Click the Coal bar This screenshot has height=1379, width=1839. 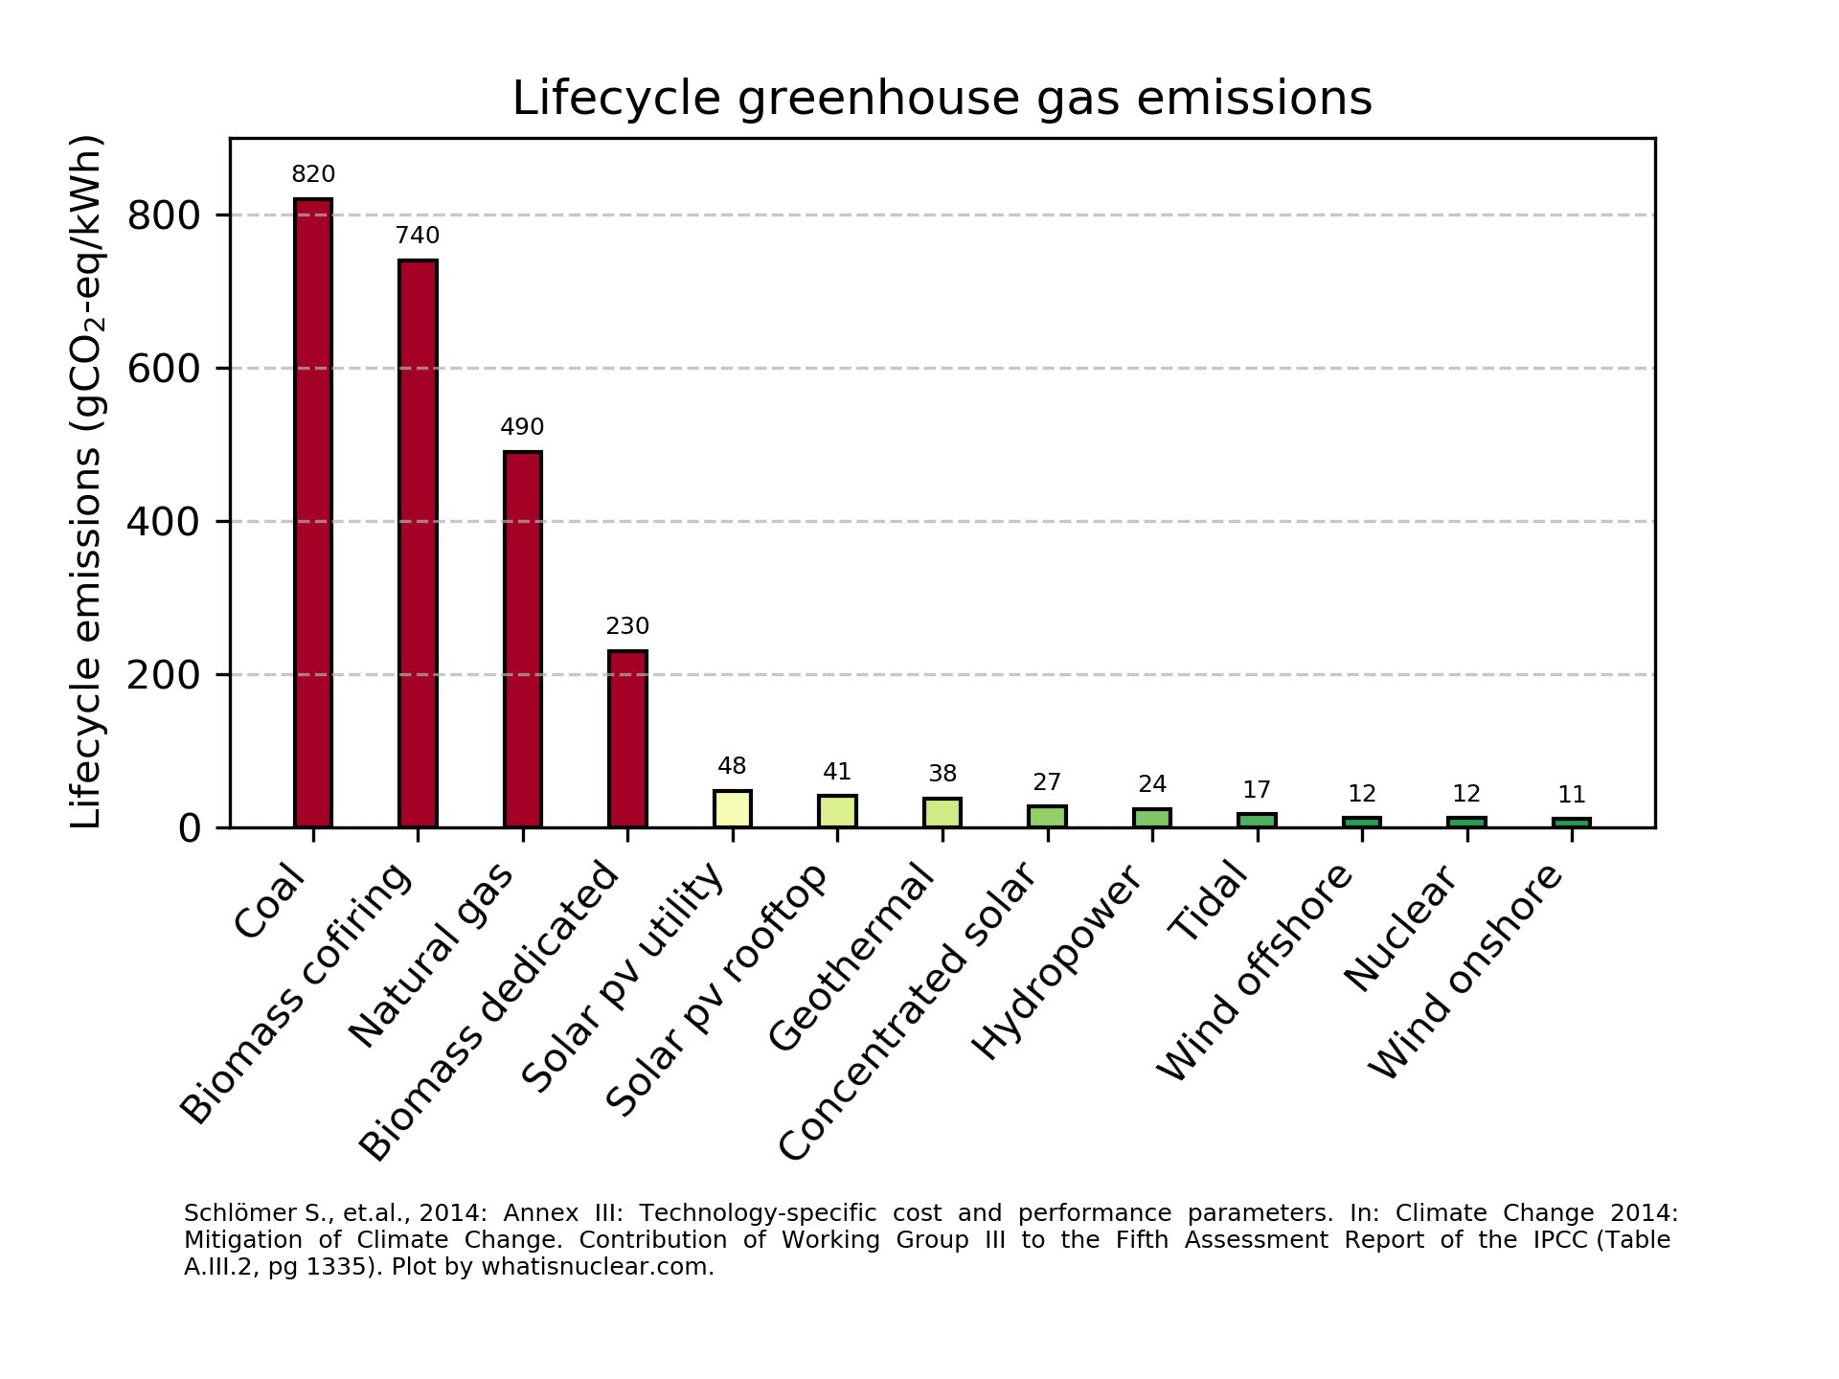coord(313,513)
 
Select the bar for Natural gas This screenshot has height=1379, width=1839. coord(523,640)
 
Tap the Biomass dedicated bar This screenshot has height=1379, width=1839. coord(627,739)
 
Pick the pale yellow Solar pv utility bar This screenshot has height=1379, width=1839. coord(733,809)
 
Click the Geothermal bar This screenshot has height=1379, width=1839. coord(942,813)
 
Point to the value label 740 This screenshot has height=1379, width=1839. coord(418,236)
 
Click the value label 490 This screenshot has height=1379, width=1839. coord(522,427)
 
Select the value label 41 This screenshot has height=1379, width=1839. coord(837,772)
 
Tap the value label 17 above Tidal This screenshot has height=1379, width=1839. coord(1257,790)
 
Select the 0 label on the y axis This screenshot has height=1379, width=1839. coord(189,828)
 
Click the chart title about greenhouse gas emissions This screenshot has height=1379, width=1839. coord(942,99)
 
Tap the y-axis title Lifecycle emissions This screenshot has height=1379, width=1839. coord(87,483)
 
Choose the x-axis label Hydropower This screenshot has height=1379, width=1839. coord(1057,961)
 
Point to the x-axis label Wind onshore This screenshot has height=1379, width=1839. coord(1465,971)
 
